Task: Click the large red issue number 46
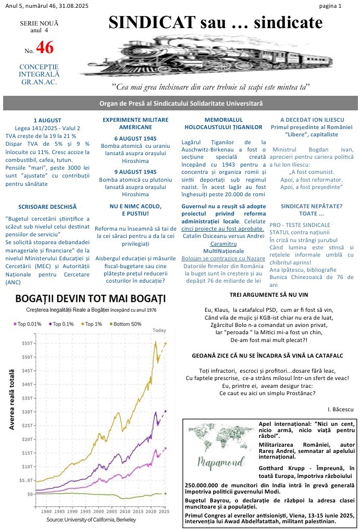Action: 45,48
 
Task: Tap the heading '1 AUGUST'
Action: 47,120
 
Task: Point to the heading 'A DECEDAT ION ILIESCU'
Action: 312,120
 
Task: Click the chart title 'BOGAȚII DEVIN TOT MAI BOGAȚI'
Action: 91,299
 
